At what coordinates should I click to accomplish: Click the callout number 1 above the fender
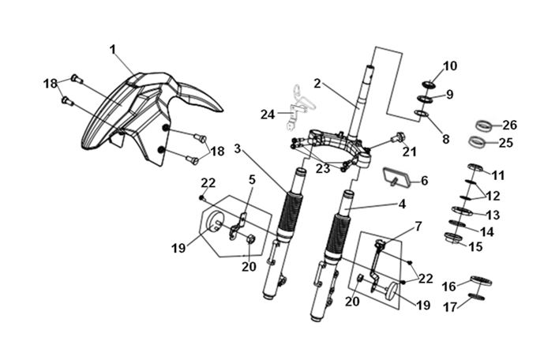click(x=113, y=50)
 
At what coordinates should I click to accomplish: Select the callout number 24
click(x=268, y=114)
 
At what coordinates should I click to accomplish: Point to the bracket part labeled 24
click(x=298, y=107)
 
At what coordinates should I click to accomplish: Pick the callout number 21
click(x=409, y=152)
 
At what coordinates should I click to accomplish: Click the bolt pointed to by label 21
click(x=398, y=137)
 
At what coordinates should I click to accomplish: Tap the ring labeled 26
click(x=485, y=126)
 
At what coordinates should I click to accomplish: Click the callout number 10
click(x=450, y=66)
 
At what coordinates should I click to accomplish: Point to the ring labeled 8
click(x=422, y=114)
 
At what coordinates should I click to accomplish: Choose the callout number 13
click(x=493, y=215)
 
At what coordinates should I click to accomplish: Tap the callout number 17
click(x=449, y=307)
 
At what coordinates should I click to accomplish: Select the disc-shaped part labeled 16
click(x=481, y=280)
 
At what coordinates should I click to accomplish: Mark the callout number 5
click(x=252, y=180)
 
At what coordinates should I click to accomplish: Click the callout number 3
click(x=238, y=148)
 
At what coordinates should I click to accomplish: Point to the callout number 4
click(x=402, y=204)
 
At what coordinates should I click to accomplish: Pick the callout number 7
click(x=418, y=226)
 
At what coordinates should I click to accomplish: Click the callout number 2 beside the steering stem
click(x=317, y=84)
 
